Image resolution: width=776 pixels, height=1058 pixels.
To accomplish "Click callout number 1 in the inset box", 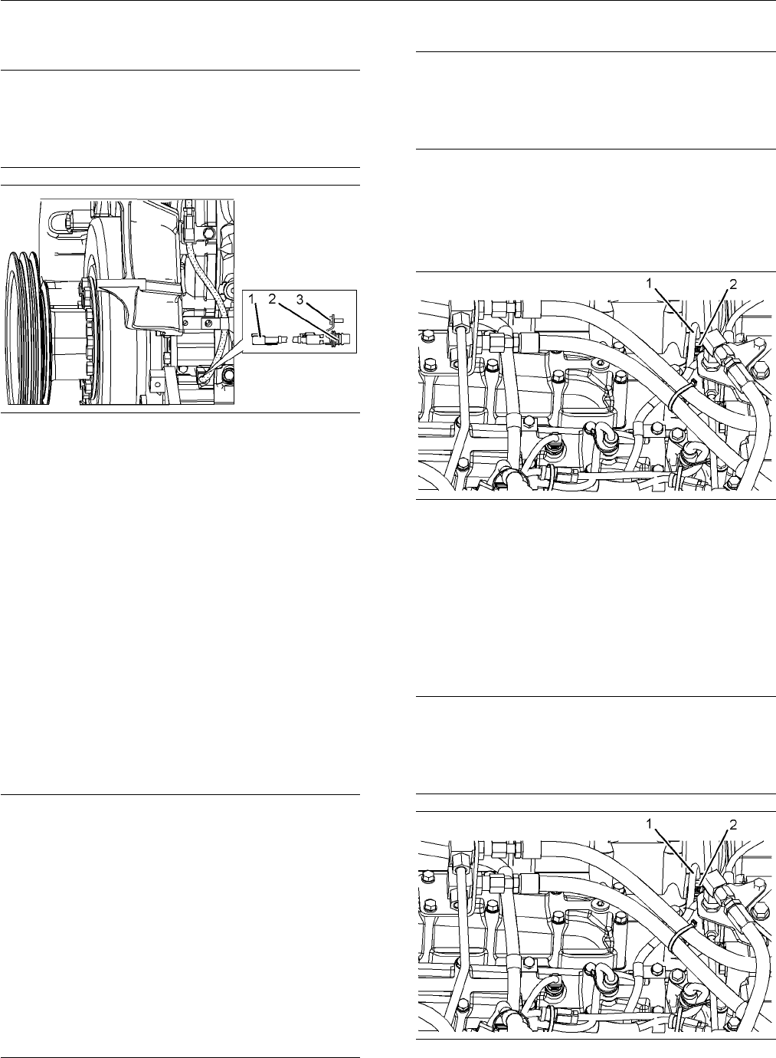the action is [251, 299].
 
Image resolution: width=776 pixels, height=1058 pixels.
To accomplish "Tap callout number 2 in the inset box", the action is [272, 298].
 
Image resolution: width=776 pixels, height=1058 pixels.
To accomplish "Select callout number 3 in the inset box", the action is [300, 299].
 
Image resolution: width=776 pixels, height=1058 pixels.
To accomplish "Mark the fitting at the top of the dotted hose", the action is [188, 222].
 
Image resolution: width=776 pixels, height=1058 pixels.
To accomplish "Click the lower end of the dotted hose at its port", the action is [203, 378].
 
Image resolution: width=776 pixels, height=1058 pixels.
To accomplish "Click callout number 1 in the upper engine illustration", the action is [650, 284].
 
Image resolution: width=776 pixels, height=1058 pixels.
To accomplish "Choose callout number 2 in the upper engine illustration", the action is [732, 284].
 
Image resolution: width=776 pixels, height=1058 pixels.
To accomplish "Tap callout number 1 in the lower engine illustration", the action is [650, 823].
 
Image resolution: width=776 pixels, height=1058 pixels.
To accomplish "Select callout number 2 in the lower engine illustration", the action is [732, 825].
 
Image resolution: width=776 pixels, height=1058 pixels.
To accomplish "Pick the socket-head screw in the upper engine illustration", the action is [600, 364].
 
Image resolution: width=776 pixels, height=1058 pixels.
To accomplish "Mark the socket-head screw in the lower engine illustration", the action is [600, 905].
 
